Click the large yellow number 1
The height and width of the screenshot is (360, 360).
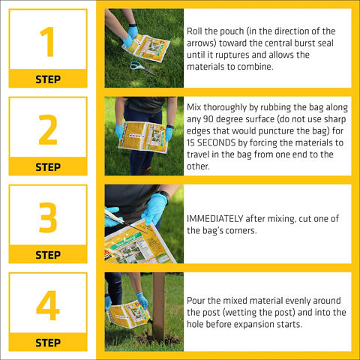(x=48, y=42)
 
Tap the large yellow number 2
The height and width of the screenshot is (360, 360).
(x=48, y=130)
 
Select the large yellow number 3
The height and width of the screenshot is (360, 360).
(x=48, y=217)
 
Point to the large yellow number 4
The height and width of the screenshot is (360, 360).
(x=48, y=305)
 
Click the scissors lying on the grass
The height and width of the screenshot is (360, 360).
(x=142, y=68)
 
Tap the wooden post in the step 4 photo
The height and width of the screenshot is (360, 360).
(x=159, y=307)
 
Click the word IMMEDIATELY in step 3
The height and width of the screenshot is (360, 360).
(x=214, y=219)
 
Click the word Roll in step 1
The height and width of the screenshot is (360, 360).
(x=194, y=31)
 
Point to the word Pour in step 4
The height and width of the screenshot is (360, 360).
(x=196, y=301)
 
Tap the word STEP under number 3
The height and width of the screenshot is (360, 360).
(x=48, y=255)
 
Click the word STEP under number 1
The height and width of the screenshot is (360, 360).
(x=48, y=79)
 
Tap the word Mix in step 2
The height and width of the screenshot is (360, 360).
(x=194, y=107)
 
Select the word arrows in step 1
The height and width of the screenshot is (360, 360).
(x=201, y=43)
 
